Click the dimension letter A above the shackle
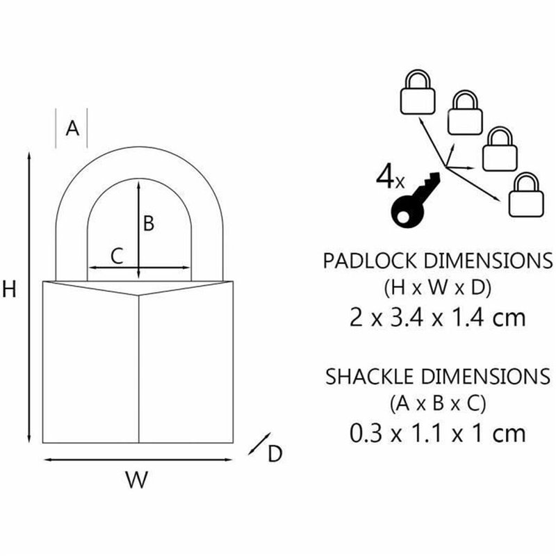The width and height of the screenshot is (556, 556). pyautogui.click(x=72, y=128)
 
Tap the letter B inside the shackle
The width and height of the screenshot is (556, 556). pyautogui.click(x=148, y=223)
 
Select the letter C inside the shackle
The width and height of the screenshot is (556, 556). pyautogui.click(x=117, y=256)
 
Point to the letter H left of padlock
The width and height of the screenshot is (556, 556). pyautogui.click(x=9, y=290)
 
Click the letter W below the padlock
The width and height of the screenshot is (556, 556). pyautogui.click(x=137, y=480)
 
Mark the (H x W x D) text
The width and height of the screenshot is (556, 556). pyautogui.click(x=438, y=287)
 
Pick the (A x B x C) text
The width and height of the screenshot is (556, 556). pyautogui.click(x=437, y=402)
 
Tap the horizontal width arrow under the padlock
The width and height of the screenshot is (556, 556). pyautogui.click(x=138, y=459)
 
